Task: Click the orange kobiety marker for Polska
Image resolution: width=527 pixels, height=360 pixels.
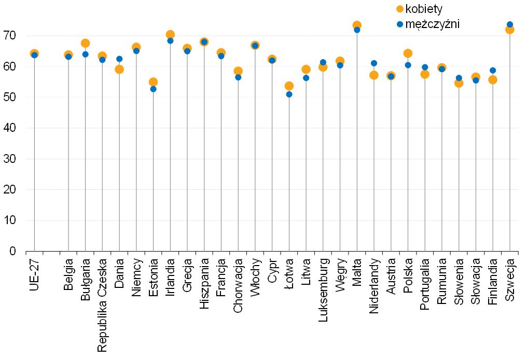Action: (408, 53)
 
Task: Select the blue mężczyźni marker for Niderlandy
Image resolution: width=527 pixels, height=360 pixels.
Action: (374, 63)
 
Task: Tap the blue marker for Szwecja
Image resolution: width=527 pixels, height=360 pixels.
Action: (509, 24)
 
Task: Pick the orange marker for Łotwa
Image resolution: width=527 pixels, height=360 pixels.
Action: (289, 86)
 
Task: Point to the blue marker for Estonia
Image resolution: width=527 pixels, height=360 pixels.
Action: (153, 89)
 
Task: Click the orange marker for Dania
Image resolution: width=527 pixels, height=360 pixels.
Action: (119, 70)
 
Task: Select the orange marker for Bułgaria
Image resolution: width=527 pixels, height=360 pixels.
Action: (85, 43)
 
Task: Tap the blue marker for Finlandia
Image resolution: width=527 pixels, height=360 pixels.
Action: (493, 71)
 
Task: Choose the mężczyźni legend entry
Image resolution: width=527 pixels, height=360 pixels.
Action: (428, 23)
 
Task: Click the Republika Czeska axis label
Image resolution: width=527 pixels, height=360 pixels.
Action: (102, 306)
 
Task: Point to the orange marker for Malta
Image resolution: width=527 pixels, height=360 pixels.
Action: (357, 25)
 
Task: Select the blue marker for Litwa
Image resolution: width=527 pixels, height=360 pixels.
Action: (306, 78)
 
